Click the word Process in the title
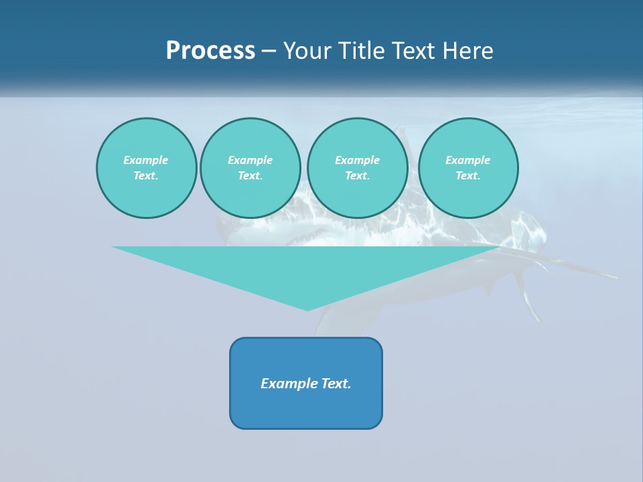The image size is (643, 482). point(210,51)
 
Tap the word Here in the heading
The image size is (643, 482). point(468,51)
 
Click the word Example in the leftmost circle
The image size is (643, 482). point(146,160)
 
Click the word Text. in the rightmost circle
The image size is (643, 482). point(468,175)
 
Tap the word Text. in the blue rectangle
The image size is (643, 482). point(336,384)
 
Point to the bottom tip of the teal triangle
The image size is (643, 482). point(307,309)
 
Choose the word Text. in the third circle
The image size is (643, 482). point(357,175)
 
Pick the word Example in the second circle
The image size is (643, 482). point(250,160)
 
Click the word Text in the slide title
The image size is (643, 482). point(411,51)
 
